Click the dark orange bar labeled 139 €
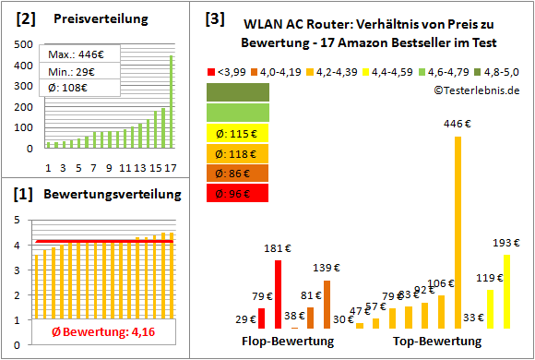pyautogui.click(x=327, y=305)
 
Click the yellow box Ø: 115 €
pyautogui.click(x=238, y=132)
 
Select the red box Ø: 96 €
pyautogui.click(x=238, y=193)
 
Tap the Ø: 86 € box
pyautogui.click(x=238, y=173)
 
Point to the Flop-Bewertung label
pyautogui.click(x=288, y=342)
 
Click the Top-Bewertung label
pyautogui.click(x=436, y=342)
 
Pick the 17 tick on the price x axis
pyautogui.click(x=171, y=167)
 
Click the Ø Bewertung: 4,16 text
pyautogui.click(x=96, y=331)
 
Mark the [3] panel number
pyautogui.click(x=214, y=18)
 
